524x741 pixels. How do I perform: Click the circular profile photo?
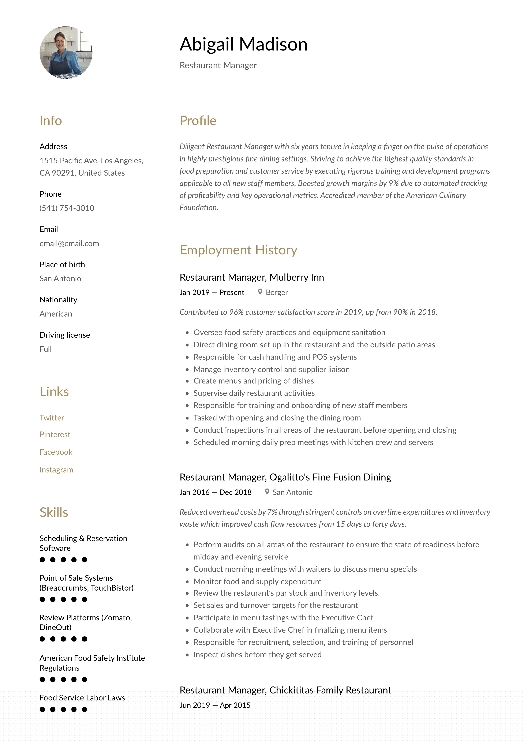[x=66, y=53]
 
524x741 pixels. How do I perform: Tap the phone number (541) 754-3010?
[x=67, y=208]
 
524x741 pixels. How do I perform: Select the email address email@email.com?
[x=69, y=243]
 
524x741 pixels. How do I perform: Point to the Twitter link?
[x=52, y=418]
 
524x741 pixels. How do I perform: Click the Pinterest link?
[x=55, y=434]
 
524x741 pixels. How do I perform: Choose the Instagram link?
[x=56, y=469]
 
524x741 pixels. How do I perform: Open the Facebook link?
[x=56, y=452]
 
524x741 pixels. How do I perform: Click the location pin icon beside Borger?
[x=260, y=292]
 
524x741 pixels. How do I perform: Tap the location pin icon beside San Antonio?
[x=267, y=491]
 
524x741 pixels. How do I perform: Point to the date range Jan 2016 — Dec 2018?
[x=215, y=492]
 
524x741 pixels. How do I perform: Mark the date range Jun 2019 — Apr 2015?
[x=215, y=705]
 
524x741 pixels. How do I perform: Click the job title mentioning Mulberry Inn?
[x=252, y=277]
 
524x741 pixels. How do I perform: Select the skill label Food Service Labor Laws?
[x=82, y=698]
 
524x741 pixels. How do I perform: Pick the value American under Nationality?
[x=56, y=314]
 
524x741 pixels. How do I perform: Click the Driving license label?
[x=64, y=335]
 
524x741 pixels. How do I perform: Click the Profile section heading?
[x=198, y=121]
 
